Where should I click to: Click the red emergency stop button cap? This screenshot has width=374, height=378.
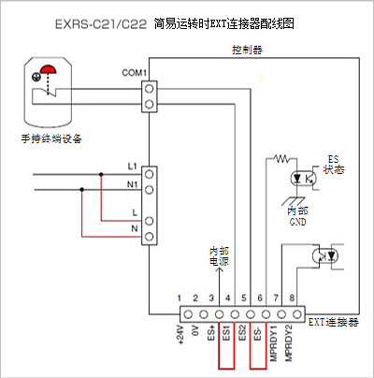(x=48, y=69)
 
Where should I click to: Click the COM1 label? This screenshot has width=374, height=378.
(x=134, y=73)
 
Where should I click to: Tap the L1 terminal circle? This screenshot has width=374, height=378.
(x=150, y=174)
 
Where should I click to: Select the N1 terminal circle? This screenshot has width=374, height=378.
(x=150, y=189)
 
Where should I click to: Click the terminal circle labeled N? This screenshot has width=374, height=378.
(x=150, y=237)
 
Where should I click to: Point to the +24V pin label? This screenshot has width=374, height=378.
(x=180, y=336)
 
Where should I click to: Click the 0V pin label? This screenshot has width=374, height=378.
(x=195, y=331)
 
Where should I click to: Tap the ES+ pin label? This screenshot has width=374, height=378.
(x=211, y=333)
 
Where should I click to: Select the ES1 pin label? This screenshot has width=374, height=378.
(x=226, y=333)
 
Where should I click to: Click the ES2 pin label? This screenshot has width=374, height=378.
(x=242, y=333)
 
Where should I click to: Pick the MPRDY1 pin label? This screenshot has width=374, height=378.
(x=273, y=343)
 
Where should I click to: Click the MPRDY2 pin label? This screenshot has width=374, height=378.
(x=289, y=343)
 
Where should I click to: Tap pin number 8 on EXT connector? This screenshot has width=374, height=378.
(x=292, y=298)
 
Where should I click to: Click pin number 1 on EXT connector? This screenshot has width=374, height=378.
(x=180, y=298)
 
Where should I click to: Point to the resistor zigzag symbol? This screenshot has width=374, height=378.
(x=281, y=159)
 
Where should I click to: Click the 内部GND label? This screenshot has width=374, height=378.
(x=297, y=216)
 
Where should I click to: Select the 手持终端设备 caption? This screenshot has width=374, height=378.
(x=51, y=138)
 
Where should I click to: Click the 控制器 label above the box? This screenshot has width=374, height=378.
(x=247, y=50)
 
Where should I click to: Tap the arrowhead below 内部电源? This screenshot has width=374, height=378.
(x=220, y=269)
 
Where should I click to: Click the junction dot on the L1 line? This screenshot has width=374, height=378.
(x=101, y=175)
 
